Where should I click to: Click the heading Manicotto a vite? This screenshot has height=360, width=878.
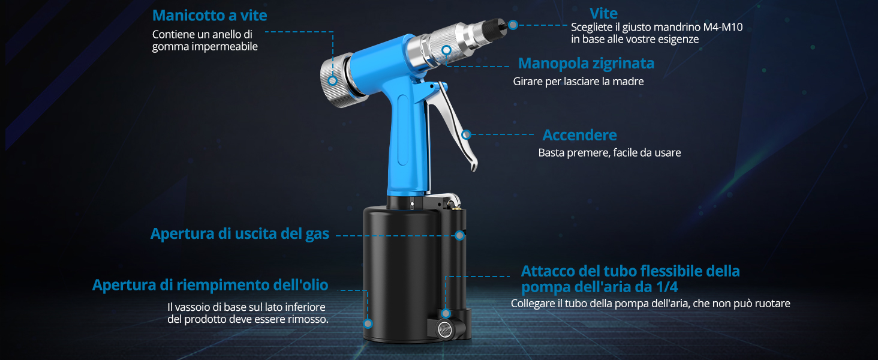pyautogui.click(x=209, y=15)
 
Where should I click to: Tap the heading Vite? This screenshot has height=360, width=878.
pyautogui.click(x=603, y=13)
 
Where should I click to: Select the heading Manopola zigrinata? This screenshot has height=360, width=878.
pyautogui.click(x=586, y=63)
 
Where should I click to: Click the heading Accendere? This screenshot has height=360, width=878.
pyautogui.click(x=579, y=135)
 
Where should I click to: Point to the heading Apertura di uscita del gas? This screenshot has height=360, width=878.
pyautogui.click(x=239, y=233)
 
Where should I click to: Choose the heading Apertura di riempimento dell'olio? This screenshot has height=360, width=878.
pyautogui.click(x=210, y=285)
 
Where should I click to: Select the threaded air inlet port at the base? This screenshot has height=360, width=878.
pyautogui.click(x=445, y=328)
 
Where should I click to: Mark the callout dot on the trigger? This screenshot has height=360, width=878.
pyautogui.click(x=467, y=135)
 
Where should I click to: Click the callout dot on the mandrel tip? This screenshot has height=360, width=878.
pyautogui.click(x=513, y=25)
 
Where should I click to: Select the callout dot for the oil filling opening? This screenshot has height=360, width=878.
pyautogui.click(x=368, y=323)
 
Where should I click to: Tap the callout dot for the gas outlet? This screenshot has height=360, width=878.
pyautogui.click(x=460, y=235)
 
